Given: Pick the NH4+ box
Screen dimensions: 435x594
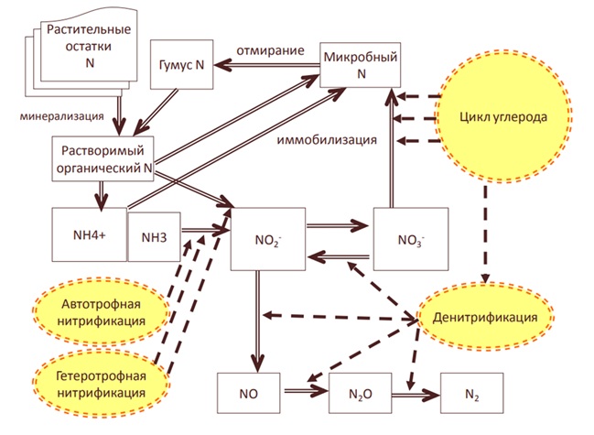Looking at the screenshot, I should [x=88, y=232].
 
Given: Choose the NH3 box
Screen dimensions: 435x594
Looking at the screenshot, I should [x=153, y=236].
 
